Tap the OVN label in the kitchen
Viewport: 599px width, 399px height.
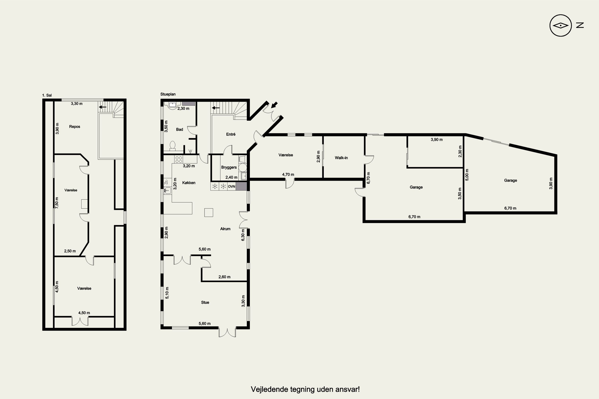231,187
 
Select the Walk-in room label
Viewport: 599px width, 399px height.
341,158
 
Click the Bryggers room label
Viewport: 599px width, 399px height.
229,167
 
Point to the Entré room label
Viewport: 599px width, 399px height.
231,134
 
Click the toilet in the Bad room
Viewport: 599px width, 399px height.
173,146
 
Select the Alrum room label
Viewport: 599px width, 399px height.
225,229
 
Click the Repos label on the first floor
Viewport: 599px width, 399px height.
75,127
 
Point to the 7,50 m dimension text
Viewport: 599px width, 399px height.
57,203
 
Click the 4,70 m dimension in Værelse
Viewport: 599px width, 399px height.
288,175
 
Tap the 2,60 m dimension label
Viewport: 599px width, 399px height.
224,277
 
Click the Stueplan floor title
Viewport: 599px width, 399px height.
168,94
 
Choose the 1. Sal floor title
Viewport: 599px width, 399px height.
47,95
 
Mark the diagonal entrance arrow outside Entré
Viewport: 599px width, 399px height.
274,105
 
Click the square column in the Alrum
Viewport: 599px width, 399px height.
209,212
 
